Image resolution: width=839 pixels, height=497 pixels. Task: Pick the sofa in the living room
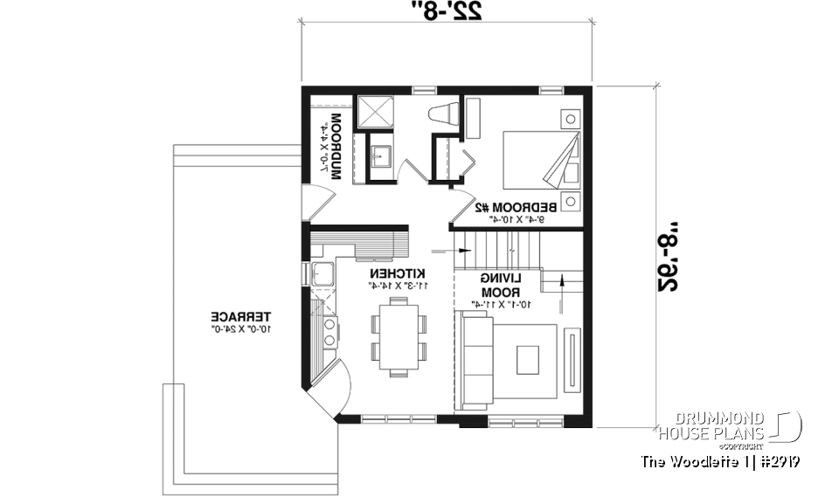pyautogui.click(x=476, y=360)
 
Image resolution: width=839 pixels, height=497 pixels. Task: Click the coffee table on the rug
pyautogui.click(x=528, y=359)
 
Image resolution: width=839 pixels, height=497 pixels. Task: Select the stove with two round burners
pyautogui.click(x=330, y=333)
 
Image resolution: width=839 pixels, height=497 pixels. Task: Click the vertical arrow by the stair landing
pyautogui.click(x=560, y=284)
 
